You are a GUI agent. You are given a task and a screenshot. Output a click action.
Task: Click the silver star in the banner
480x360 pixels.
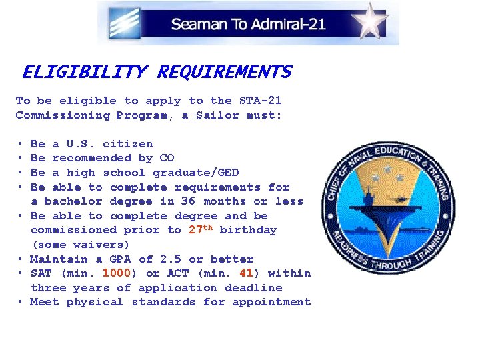[369, 21]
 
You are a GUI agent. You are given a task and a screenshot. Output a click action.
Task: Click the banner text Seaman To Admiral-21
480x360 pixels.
[248, 25]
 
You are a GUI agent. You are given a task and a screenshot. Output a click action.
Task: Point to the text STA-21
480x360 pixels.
[261, 101]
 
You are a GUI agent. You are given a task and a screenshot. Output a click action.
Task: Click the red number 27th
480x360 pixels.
[200, 230]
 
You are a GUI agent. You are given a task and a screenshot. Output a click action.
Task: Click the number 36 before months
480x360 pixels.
[189, 201]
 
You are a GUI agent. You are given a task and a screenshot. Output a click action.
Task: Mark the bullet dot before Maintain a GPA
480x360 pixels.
[22, 259]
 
